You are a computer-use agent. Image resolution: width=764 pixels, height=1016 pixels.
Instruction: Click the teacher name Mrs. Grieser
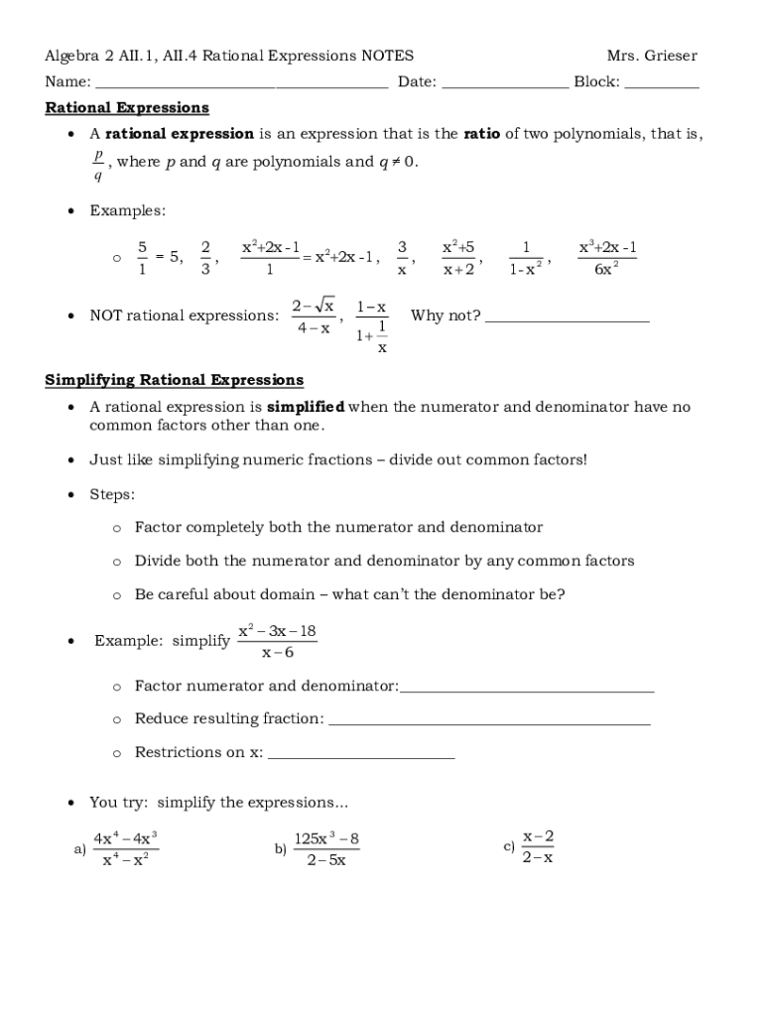tap(652, 56)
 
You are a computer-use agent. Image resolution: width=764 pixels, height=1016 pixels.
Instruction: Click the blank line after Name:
tap(241, 86)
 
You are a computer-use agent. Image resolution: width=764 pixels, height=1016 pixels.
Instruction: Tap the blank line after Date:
tap(505, 86)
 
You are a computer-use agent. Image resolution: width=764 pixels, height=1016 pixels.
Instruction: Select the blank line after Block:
tap(662, 86)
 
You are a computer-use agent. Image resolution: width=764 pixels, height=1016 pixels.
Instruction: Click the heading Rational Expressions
tap(127, 107)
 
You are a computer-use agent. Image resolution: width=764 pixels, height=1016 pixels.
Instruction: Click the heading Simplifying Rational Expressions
tap(175, 380)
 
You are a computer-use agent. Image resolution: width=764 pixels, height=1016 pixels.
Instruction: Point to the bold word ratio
tap(482, 134)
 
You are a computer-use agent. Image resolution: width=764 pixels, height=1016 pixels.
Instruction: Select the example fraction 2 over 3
tap(205, 257)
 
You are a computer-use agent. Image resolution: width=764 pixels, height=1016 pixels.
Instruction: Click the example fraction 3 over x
tap(402, 257)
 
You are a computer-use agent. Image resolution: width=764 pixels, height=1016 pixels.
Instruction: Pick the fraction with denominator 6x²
tap(607, 257)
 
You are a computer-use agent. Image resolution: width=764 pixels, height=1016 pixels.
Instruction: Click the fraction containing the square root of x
tap(314, 316)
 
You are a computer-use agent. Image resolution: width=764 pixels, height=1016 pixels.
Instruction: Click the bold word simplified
tap(305, 407)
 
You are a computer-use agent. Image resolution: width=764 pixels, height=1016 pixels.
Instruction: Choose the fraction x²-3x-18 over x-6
tap(278, 642)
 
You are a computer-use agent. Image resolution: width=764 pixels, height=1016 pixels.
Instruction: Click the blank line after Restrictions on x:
tap(361, 756)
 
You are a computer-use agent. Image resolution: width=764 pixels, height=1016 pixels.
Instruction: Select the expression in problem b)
tap(326, 849)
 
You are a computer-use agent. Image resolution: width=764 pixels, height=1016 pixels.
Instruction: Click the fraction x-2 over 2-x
tap(538, 846)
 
